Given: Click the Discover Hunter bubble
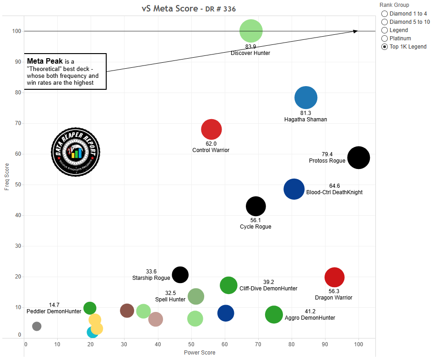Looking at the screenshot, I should click(251, 31).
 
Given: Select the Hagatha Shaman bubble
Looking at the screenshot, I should click(306, 97).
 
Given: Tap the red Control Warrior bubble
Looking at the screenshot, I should click(211, 130).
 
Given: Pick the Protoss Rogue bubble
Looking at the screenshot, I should click(358, 158).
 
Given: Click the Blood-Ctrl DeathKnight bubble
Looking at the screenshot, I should click(294, 189).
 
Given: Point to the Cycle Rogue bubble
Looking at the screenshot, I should click(256, 206).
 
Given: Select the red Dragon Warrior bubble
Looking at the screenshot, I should click(334, 277).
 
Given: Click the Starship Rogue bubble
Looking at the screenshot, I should click(180, 274).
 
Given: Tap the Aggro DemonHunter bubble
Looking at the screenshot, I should click(274, 315).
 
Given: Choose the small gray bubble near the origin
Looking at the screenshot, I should click(37, 326).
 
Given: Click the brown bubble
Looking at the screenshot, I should click(127, 311).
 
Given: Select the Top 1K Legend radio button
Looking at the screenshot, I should click(384, 47).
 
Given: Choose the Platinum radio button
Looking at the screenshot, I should click(384, 38).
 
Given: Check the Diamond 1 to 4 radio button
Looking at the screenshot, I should click(384, 14).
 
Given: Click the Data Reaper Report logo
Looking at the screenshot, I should click(75, 152).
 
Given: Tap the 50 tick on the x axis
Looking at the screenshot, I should click(191, 344).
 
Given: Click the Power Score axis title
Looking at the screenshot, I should click(199, 353).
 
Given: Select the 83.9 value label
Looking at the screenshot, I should click(250, 47).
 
